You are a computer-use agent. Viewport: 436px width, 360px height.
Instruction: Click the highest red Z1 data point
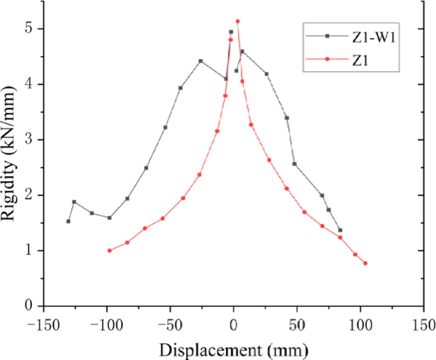[x=237, y=21]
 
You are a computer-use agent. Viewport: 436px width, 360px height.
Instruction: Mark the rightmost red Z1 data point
[x=365, y=263]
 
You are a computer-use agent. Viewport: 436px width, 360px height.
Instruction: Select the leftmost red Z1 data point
[x=109, y=251]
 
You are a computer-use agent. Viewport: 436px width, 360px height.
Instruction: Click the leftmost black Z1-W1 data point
[x=68, y=221]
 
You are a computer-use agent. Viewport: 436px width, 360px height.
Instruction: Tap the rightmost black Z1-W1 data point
[x=340, y=230]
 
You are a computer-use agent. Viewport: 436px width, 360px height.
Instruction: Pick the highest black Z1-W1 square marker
[x=231, y=32]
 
